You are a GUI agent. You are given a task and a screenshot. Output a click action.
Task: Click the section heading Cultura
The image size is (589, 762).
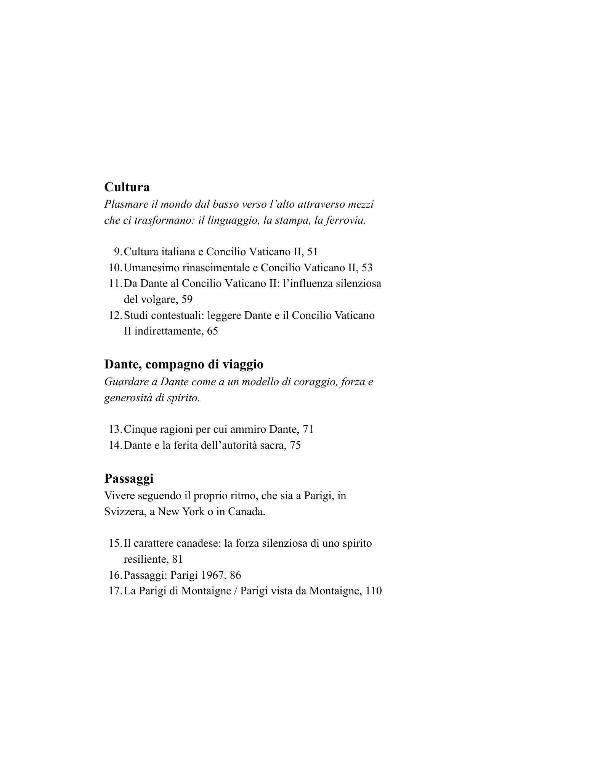tap(127, 187)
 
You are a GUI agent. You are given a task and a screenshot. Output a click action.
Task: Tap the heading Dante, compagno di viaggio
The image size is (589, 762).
tap(183, 364)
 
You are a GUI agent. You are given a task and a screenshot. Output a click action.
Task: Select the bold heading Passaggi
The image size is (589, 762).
tap(128, 478)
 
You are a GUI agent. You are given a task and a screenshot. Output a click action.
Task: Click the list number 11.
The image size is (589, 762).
tap(114, 284)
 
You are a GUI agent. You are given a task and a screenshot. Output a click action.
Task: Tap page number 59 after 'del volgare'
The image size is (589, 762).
tap(187, 299)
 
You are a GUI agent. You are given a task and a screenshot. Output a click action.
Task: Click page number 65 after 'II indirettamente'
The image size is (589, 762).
tap(212, 331)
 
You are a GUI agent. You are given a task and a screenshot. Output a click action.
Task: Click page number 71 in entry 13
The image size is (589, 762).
tap(308, 429)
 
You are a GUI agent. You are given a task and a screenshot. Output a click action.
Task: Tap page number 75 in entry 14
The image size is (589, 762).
tap(295, 445)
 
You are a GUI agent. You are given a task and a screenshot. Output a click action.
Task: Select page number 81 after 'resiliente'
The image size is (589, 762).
tap(177, 559)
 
